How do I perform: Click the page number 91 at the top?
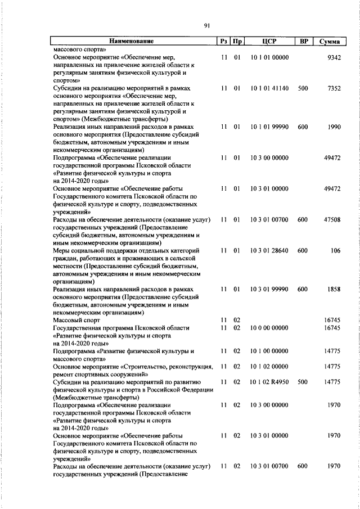coord(206,25)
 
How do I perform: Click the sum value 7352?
coord(334,88)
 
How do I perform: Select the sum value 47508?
coord(332,218)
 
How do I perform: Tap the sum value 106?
coord(336,250)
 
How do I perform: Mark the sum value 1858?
coord(334,289)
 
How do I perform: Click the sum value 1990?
coord(334,128)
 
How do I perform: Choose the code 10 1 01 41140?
coord(269,88)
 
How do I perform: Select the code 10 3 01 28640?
coord(269,250)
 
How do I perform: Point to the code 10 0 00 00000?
coord(269,327)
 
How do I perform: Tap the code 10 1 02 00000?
coord(269,366)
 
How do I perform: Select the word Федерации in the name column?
coord(196,390)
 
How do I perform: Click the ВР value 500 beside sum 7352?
coord(303,88)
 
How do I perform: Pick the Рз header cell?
coord(224,41)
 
